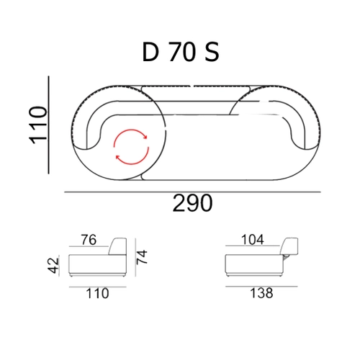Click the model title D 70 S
click(180, 52)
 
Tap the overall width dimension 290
click(192, 204)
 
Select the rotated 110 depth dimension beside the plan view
click(38, 123)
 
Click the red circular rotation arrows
click(130, 147)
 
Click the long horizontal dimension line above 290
click(192, 192)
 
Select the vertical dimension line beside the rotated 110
click(49, 123)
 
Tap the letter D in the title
click(150, 52)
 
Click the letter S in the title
click(211, 52)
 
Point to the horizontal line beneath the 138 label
click(259, 284)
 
